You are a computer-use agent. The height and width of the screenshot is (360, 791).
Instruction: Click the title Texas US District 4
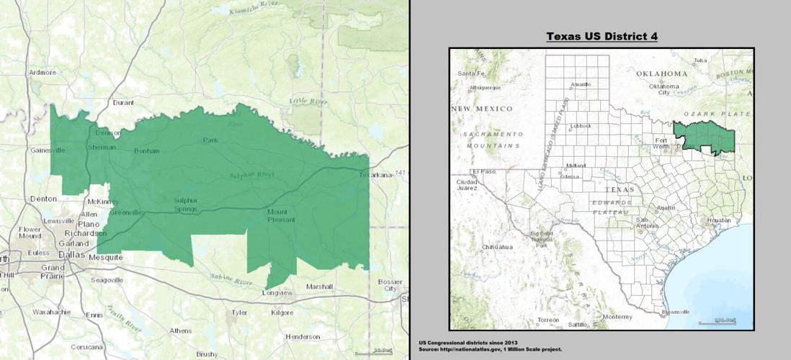point(602,36)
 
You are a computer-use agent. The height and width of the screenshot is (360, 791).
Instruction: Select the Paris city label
point(210,140)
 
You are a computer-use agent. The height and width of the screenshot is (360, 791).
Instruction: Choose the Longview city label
point(277,294)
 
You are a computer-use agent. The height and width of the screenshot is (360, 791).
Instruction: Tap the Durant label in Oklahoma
point(123,103)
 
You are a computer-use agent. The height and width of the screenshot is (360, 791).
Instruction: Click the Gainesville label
point(48,150)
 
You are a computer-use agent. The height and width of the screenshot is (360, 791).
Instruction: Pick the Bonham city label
point(147,151)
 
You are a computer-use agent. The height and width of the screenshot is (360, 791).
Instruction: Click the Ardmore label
point(43,72)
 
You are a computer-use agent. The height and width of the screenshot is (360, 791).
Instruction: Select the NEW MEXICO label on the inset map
point(481,109)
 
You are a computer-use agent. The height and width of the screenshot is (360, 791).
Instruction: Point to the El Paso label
point(480,171)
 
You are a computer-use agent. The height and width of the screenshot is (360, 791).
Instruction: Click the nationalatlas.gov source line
point(490,349)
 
